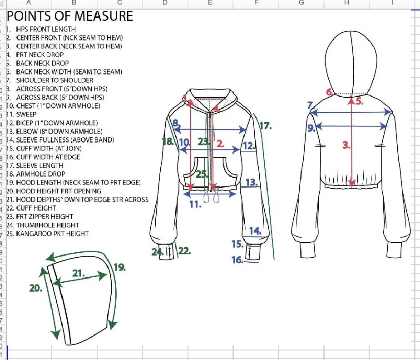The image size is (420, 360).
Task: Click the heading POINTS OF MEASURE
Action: [x=70, y=16]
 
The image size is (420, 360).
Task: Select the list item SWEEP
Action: [x=26, y=115]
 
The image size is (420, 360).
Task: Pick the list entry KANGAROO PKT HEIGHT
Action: [x=52, y=234]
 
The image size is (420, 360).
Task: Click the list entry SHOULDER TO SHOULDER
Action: [x=54, y=80]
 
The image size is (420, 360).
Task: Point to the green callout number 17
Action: [x=265, y=126]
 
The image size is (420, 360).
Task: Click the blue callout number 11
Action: [x=195, y=204]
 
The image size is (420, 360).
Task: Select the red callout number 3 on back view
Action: [x=346, y=145]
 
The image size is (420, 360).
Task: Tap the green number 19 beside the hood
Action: [x=119, y=267]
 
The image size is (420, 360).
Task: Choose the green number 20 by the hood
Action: [x=35, y=288]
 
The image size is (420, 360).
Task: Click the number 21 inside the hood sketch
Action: [x=79, y=273]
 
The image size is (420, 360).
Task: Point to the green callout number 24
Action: [x=157, y=251]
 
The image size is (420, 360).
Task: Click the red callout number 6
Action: [x=330, y=92]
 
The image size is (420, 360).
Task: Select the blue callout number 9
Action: [x=311, y=128]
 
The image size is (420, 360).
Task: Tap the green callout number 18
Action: [x=168, y=141]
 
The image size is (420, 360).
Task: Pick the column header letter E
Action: [x=210, y=3]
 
